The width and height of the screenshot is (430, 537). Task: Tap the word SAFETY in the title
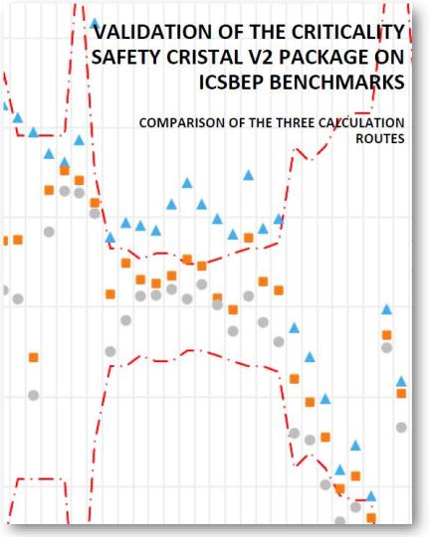pos(126,59)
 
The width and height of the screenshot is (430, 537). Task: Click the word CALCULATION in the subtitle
pos(361,123)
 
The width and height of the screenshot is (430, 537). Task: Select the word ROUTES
pos(380,140)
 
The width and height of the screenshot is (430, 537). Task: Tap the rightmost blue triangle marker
pos(401,381)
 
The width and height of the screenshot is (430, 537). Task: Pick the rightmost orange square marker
pos(401,394)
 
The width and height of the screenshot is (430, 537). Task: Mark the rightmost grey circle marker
pos(401,428)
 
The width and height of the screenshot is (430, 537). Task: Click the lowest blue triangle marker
pos(370,495)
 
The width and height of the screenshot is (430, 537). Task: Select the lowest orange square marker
pos(370,517)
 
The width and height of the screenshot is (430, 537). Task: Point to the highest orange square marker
pos(64,170)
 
